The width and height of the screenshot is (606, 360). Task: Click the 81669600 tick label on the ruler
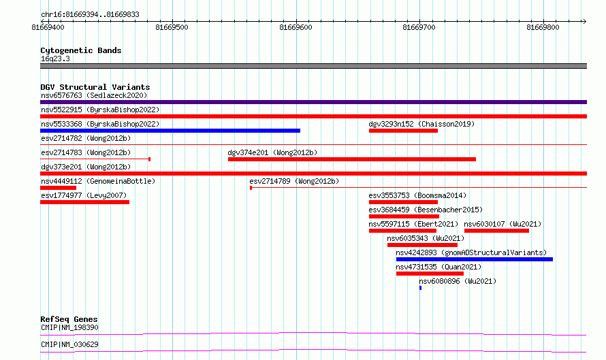(296, 27)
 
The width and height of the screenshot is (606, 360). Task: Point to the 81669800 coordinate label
(543, 27)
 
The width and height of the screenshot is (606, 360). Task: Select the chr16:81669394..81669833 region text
(90, 15)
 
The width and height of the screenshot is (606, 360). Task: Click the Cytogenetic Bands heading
(81, 50)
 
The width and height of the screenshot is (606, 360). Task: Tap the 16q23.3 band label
(55, 59)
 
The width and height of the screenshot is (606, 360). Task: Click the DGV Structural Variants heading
(95, 87)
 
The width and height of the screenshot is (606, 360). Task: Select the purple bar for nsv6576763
(313, 102)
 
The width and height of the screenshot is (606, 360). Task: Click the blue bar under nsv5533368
(170, 131)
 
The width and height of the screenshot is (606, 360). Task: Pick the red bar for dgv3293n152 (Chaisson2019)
(403, 131)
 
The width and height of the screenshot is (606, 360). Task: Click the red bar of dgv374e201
(352, 159)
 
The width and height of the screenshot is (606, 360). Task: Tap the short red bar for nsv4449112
(58, 188)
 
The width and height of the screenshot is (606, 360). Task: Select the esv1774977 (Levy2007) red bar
(84, 202)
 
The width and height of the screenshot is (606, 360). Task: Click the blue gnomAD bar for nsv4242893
(474, 259)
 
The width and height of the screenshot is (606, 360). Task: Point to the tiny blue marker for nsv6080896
(421, 288)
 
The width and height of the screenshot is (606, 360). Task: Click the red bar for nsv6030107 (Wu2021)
(496, 231)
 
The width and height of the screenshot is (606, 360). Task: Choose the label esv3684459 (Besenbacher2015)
(426, 210)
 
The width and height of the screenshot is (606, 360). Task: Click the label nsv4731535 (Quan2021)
(438, 267)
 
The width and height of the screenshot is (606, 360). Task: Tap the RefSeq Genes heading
(69, 319)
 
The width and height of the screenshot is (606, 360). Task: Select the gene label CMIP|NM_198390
(69, 327)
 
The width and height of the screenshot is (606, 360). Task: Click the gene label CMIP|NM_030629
(69, 344)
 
